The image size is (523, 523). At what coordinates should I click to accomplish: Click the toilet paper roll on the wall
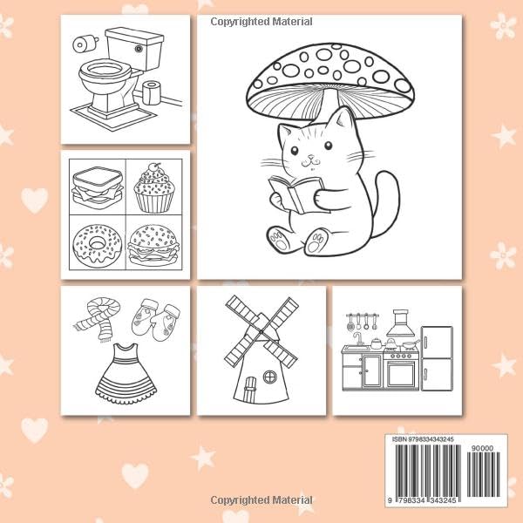(85, 44)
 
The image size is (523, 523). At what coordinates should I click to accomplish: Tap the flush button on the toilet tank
(139, 49)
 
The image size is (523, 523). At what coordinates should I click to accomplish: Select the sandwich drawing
(98, 187)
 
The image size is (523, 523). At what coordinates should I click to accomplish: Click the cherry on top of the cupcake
(153, 166)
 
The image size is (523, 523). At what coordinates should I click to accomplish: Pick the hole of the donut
(97, 242)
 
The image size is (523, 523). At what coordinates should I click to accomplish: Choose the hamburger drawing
(153, 245)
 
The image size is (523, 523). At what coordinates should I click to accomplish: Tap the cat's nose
(311, 156)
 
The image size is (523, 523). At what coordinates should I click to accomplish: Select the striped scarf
(98, 318)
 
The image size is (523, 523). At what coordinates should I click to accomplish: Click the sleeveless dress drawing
(126, 373)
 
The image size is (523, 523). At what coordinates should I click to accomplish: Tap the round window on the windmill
(270, 377)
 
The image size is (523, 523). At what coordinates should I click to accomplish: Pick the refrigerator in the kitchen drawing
(437, 358)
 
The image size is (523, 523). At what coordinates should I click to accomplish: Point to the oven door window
(401, 374)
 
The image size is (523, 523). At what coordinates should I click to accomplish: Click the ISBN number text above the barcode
(423, 439)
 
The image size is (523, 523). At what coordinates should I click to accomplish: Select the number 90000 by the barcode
(482, 448)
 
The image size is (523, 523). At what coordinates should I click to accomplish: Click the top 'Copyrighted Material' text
(261, 22)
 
